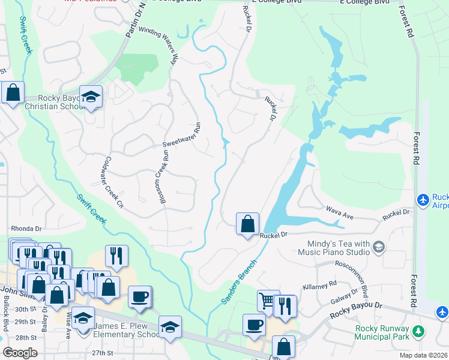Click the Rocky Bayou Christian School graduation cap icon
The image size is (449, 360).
click(x=91, y=97)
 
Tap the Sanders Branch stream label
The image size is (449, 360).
click(x=239, y=282)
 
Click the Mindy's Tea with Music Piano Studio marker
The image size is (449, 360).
click(x=379, y=246)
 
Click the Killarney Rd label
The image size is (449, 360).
click(x=320, y=286)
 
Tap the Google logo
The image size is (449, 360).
click(x=19, y=353)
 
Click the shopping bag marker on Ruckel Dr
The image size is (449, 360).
click(x=247, y=224)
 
